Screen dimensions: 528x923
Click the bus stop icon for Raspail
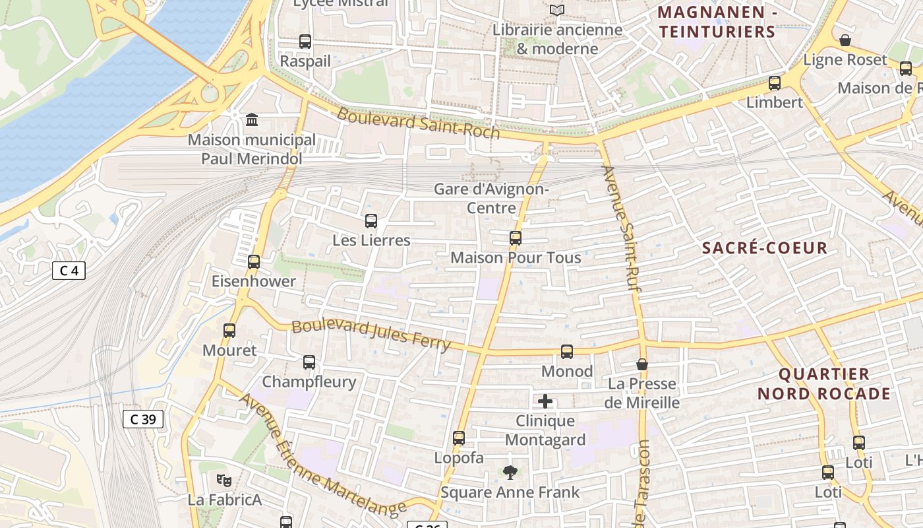(305, 42)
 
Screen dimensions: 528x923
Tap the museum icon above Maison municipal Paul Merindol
(252, 119)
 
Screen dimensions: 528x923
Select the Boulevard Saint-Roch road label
(418, 123)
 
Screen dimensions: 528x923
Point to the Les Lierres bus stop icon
(371, 221)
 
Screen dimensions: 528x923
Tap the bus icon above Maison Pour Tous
(516, 238)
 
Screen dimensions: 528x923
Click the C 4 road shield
(69, 271)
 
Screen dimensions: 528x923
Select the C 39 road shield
(142, 419)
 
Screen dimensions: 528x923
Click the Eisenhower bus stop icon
(254, 262)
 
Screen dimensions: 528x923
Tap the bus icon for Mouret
(229, 331)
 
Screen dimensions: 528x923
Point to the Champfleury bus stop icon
(309, 362)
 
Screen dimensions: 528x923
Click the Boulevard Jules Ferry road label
(371, 335)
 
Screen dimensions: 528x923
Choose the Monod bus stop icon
(567, 352)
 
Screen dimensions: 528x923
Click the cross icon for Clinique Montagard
(545, 401)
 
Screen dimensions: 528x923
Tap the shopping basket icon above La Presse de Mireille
(642, 364)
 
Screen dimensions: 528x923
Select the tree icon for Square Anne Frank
(510, 473)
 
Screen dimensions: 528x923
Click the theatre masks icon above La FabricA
(224, 480)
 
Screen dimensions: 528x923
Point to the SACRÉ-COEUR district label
(764, 248)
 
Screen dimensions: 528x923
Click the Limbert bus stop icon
(775, 83)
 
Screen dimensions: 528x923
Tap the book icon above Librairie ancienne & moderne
(557, 11)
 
